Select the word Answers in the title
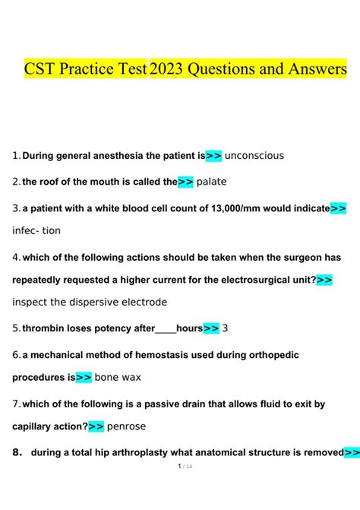point(315,70)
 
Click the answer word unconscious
point(254,156)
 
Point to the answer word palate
point(211,182)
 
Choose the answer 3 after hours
point(226,328)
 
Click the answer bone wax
point(118,377)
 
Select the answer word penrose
point(126,426)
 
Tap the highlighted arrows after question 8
point(352,453)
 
